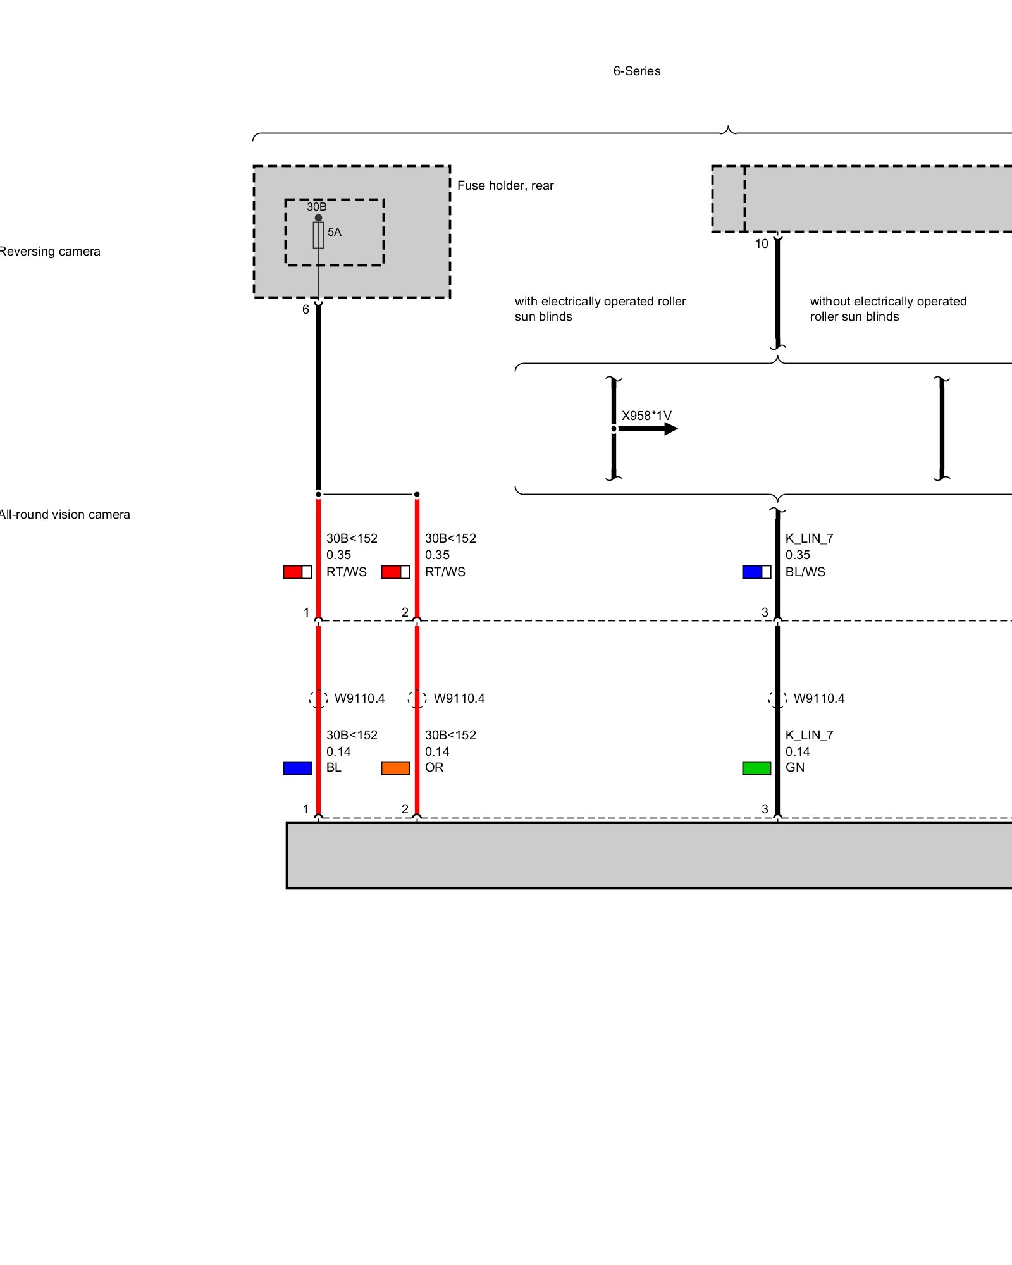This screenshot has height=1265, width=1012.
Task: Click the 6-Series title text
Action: click(x=636, y=71)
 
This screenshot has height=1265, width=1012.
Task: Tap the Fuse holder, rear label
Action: click(x=505, y=185)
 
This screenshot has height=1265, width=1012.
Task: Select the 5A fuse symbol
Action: click(x=318, y=235)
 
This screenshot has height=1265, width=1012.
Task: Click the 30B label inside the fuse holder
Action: click(x=316, y=207)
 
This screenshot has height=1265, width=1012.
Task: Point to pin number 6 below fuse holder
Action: click(x=305, y=309)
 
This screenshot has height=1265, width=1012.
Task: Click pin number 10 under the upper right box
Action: click(x=762, y=244)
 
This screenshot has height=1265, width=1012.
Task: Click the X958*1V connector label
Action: click(x=646, y=416)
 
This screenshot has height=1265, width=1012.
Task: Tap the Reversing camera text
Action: click(x=49, y=251)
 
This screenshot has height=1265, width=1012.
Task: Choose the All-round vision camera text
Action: click(x=64, y=514)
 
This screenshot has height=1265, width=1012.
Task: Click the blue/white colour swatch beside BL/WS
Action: click(x=756, y=572)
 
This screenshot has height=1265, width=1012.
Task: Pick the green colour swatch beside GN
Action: click(x=756, y=768)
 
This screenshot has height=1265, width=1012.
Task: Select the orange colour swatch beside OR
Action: click(x=395, y=768)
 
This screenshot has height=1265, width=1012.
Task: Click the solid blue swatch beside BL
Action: click(x=297, y=768)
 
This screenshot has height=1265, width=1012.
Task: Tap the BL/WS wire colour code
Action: click(x=805, y=572)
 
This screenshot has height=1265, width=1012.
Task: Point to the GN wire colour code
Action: click(x=794, y=767)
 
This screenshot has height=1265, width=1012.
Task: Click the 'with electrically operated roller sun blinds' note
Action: click(x=600, y=309)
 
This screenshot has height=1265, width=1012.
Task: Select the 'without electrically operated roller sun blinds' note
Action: click(x=888, y=309)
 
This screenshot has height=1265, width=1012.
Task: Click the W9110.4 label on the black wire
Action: click(x=818, y=698)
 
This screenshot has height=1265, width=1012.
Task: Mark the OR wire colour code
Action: click(x=434, y=767)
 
